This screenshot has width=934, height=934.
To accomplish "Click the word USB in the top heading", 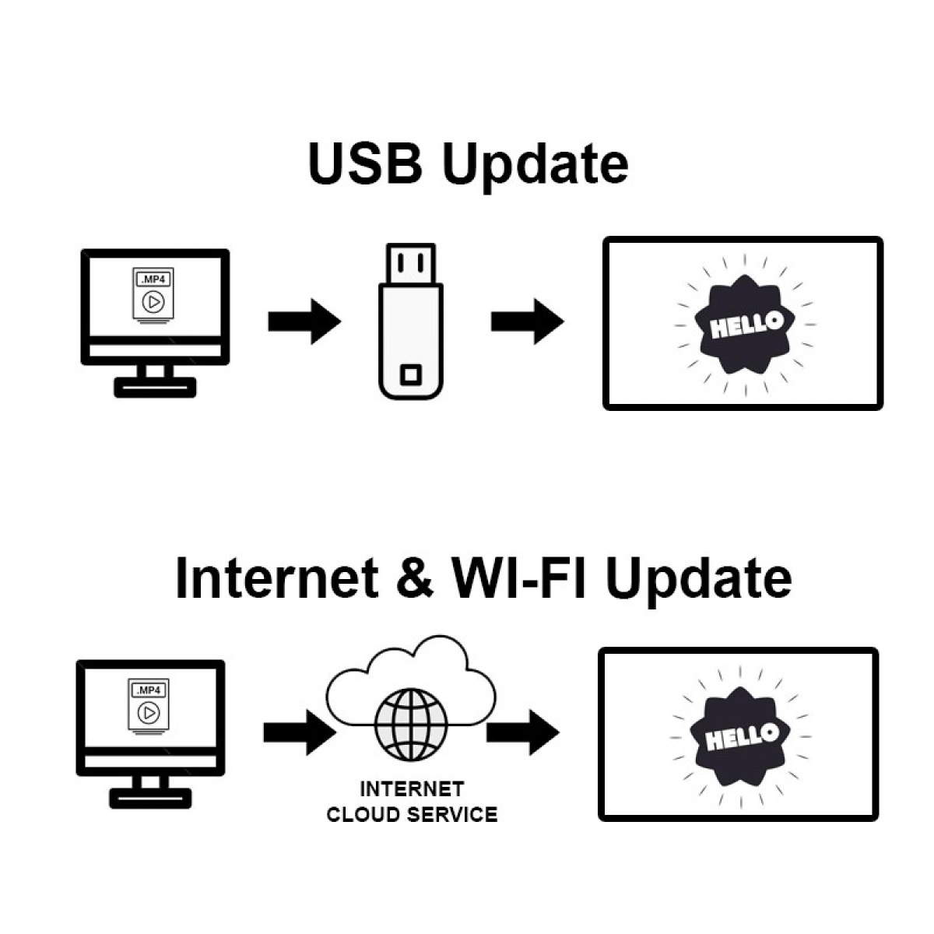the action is click(365, 163).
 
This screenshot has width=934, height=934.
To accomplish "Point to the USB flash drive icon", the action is click(410, 321).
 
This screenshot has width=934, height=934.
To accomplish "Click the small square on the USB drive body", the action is click(410, 374).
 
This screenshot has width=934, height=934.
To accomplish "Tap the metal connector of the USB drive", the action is click(410, 263).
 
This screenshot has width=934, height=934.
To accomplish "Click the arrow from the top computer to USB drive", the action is click(304, 321).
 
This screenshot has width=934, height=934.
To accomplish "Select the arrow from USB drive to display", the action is click(528, 321).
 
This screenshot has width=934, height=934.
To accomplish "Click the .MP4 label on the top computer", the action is click(153, 279).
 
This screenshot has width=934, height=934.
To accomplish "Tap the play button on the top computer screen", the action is click(153, 302).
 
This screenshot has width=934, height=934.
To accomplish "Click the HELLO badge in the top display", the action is click(745, 325).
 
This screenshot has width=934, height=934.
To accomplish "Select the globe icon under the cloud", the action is click(412, 725).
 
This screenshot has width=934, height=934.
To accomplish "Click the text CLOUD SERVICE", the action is click(412, 815).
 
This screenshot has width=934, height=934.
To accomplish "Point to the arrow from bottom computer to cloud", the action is click(300, 732).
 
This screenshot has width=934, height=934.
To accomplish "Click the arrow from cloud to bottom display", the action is click(523, 732).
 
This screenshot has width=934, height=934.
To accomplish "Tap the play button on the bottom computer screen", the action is click(149, 713).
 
